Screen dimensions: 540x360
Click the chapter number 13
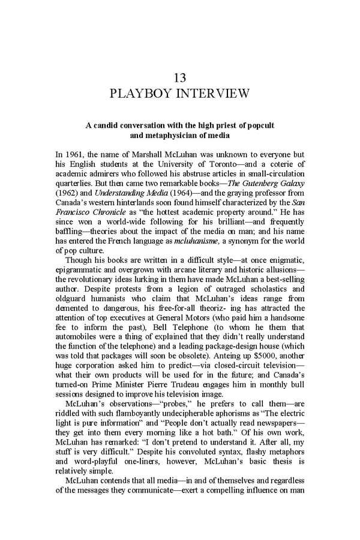(x=179, y=78)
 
